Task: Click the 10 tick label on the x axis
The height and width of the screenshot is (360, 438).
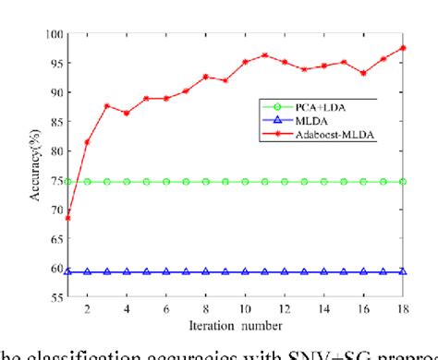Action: pos(245,310)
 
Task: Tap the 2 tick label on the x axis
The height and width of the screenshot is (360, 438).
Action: pos(87,310)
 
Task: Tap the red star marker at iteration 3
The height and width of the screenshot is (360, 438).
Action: pos(107,106)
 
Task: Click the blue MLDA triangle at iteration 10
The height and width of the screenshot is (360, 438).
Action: pos(245,272)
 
